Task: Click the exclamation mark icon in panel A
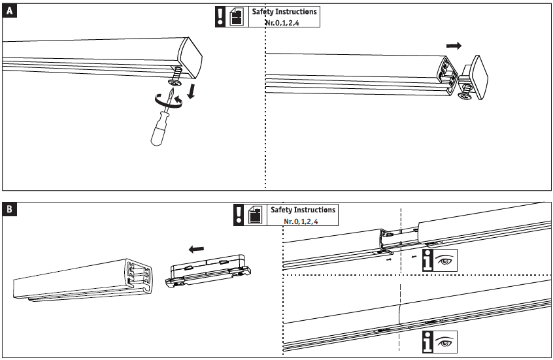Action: coord(220,17)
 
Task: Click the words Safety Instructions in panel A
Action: coord(284,12)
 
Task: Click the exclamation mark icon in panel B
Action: coord(239,215)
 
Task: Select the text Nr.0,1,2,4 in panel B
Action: coord(301,221)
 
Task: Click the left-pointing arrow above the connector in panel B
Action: coord(195,249)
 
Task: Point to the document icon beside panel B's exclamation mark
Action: coord(256,215)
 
